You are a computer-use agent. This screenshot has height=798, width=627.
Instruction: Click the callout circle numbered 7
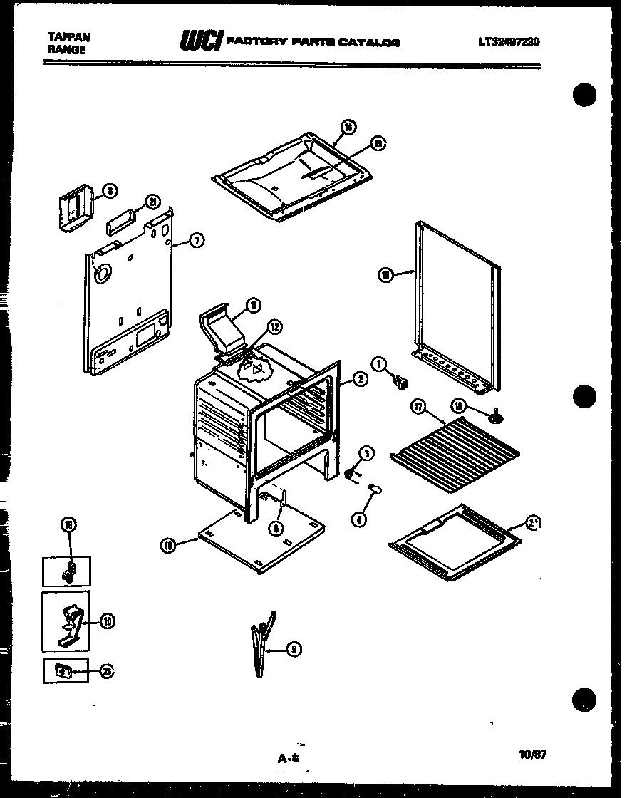[x=197, y=241]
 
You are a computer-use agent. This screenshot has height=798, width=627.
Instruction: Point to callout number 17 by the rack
[x=419, y=407]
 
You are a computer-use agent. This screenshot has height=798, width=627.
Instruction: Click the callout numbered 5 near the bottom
[x=295, y=648]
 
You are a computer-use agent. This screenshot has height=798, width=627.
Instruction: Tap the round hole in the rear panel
[x=102, y=273]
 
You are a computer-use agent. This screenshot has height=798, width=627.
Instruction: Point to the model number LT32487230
[x=508, y=42]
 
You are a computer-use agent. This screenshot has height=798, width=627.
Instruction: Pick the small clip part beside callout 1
[x=403, y=383]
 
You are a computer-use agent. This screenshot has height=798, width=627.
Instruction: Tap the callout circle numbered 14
[x=347, y=128]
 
